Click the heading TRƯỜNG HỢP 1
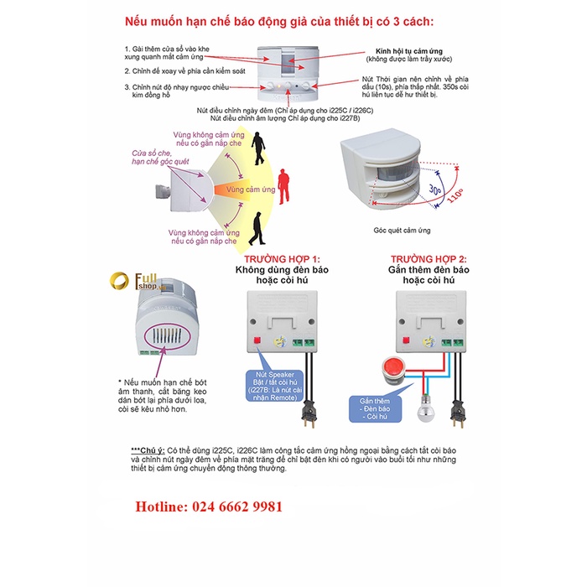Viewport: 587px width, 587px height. tap(283, 260)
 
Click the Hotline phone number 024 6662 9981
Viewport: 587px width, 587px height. tap(210, 507)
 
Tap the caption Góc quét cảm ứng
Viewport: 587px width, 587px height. tap(402, 230)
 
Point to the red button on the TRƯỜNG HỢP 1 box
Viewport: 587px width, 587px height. tap(257, 340)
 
